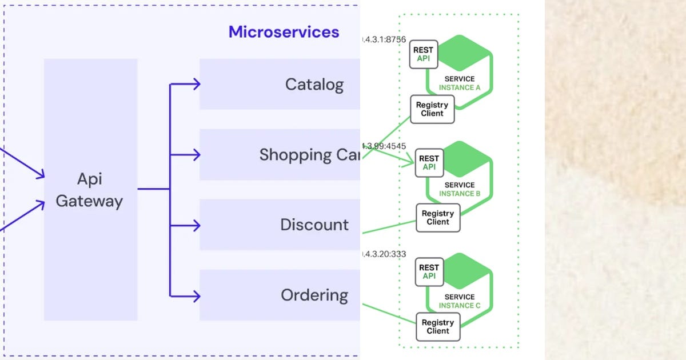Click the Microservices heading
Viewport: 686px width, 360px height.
tap(284, 32)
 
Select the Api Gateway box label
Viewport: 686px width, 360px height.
tap(89, 190)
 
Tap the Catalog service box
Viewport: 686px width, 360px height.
tap(280, 85)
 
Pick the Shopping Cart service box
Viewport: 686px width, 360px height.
tap(280, 155)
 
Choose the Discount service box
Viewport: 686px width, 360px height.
tap(280, 225)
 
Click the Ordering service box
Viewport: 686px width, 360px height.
tap(280, 295)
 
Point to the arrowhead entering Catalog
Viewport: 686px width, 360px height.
tap(196, 85)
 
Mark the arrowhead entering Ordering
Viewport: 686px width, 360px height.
tap(196, 295)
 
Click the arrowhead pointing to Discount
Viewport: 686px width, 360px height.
tap(196, 225)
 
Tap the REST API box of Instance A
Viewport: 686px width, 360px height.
tap(423, 54)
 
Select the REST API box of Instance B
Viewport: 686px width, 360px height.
tap(429, 163)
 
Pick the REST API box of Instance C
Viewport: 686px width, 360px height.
tap(429, 271)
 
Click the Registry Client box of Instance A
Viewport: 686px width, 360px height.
tap(432, 109)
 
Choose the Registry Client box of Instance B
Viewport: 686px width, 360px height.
tap(438, 218)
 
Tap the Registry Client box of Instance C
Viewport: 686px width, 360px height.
tap(438, 327)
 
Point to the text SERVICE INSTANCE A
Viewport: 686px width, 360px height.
tap(460, 83)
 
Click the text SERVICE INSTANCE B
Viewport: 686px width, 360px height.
tap(460, 189)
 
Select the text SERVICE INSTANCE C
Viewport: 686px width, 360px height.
tap(460, 301)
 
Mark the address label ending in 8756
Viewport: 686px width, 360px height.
tap(384, 39)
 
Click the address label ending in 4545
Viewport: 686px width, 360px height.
tap(384, 146)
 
